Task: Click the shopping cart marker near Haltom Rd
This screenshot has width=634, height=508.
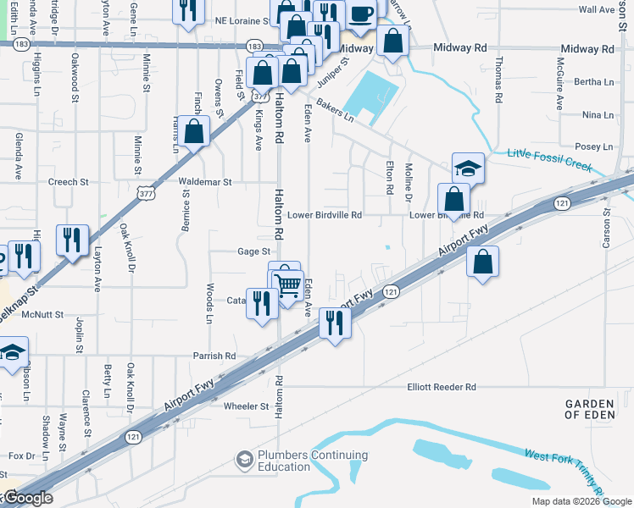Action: point(288,284)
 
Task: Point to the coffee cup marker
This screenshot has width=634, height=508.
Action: point(361,15)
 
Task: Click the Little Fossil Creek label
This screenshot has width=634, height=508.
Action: point(549,159)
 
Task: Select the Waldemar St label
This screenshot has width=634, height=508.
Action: point(204,181)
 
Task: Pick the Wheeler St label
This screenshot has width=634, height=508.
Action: point(246,406)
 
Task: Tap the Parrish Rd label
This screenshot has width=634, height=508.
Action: point(213,356)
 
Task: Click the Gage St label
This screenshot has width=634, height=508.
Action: point(253,251)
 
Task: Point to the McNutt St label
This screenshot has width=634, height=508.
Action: point(43,314)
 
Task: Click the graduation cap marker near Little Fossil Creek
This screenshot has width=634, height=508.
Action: point(468,168)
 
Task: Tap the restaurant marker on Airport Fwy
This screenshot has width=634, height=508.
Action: point(335,323)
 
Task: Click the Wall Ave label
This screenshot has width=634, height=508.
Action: point(595,9)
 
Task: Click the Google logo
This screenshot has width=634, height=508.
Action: point(27,499)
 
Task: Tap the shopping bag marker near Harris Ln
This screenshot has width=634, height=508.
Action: point(194,132)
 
